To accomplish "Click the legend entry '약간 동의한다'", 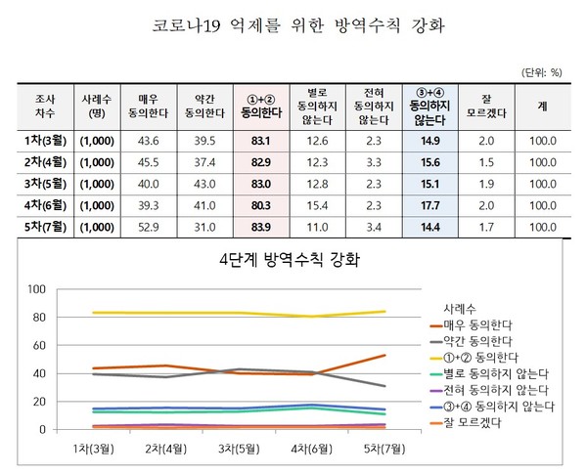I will coord(478,340).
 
